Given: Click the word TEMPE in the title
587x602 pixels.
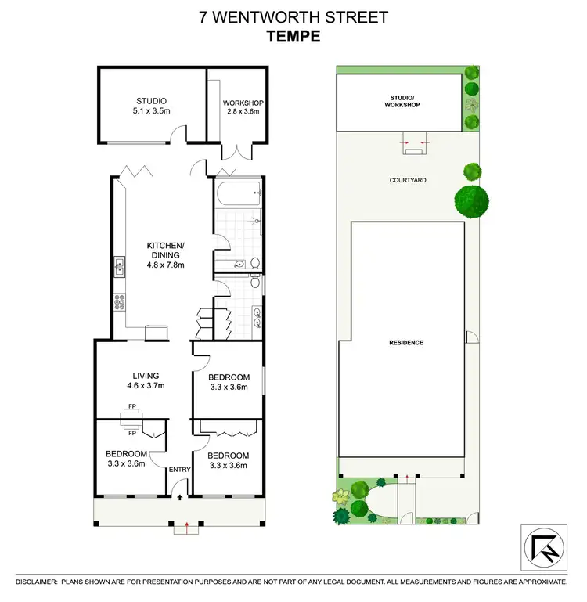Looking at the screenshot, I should pyautogui.click(x=293, y=35).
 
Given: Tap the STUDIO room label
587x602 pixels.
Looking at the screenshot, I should pyautogui.click(x=151, y=100).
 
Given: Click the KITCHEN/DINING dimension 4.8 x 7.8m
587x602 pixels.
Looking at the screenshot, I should pyautogui.click(x=164, y=265).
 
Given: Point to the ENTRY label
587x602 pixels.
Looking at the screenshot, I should pyautogui.click(x=180, y=469).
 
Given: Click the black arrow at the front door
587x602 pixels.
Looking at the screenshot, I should pyautogui.click(x=180, y=496).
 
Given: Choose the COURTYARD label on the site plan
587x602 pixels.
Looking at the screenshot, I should pyautogui.click(x=408, y=179).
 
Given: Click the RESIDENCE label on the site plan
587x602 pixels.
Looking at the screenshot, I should pyautogui.click(x=407, y=343).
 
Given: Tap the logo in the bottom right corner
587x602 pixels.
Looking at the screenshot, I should pyautogui.click(x=542, y=546).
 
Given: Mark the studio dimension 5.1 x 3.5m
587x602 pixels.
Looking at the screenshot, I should pyautogui.click(x=151, y=111).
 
